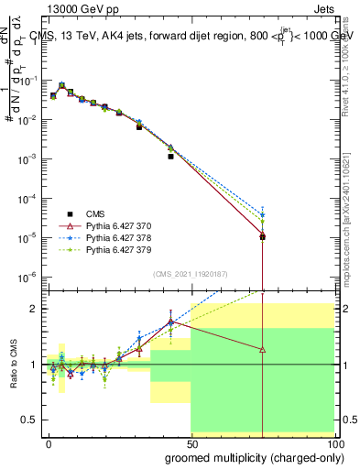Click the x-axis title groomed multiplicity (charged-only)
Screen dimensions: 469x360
tap(269, 456)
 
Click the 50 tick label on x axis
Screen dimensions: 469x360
tap(191, 442)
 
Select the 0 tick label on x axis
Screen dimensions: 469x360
tap(49, 442)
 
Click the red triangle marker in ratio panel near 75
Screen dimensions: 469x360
tap(263, 350)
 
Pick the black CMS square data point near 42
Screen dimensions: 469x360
tap(170, 157)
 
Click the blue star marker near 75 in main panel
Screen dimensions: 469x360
tap(263, 216)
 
